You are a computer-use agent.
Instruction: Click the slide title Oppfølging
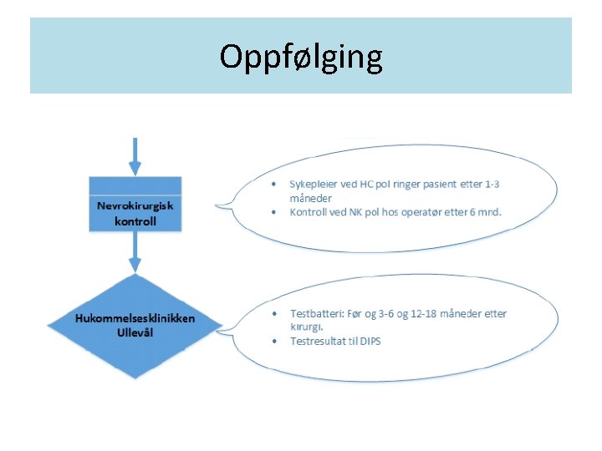301,57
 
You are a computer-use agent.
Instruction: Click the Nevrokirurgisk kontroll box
135,205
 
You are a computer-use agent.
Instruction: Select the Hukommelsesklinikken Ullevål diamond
135,326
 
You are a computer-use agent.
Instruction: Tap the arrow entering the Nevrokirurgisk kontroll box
135,157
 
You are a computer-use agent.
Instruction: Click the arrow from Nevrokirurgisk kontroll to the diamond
135,254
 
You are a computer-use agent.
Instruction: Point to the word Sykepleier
312,184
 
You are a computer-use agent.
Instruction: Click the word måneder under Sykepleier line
311,198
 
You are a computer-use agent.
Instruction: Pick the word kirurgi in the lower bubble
306,327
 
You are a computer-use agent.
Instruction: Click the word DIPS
369,341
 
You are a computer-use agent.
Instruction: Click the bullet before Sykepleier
276,184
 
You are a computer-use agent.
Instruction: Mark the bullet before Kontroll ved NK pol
276,212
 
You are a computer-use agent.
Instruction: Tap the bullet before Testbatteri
276,313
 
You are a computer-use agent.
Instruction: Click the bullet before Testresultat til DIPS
276,341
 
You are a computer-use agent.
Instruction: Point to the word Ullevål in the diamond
135,332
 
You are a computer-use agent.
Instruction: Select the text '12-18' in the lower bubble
426,313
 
